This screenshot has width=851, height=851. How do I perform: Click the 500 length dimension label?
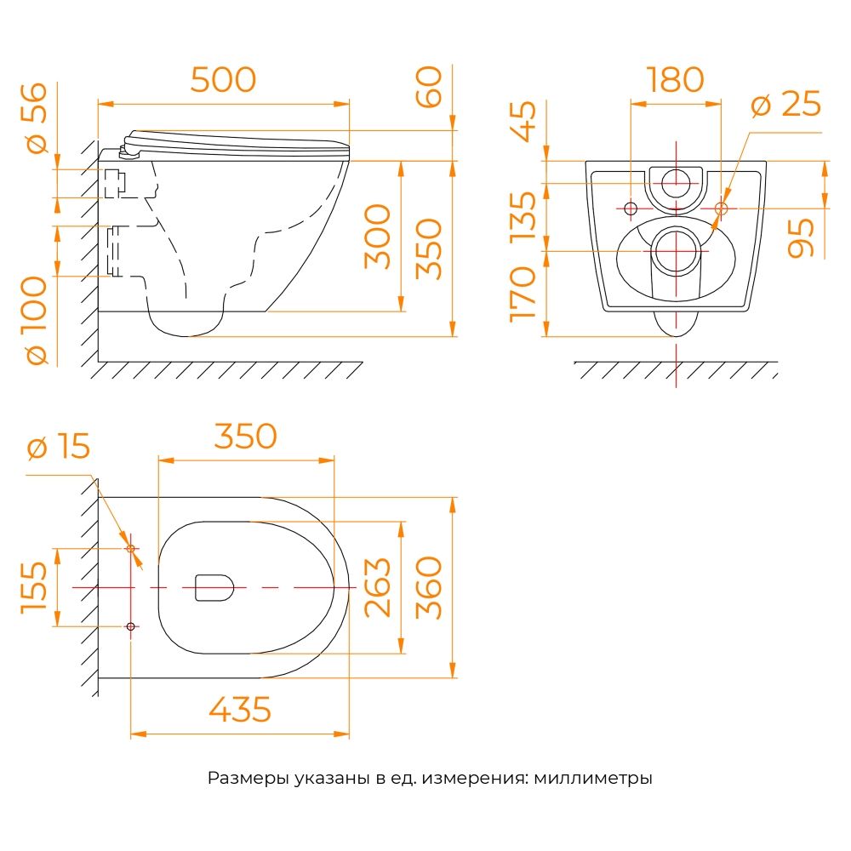click(223, 80)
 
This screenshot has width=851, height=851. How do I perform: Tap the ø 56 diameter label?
click(34, 118)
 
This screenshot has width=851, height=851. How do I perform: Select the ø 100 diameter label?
click(34, 320)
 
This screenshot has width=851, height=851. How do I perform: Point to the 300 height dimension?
click(377, 237)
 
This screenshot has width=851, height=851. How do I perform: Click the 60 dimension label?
click(429, 87)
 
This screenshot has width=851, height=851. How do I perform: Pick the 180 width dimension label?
click(676, 80)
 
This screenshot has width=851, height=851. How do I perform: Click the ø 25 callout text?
click(786, 104)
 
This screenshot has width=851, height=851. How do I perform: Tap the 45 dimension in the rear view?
click(523, 121)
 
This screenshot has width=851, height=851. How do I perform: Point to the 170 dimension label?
click(523, 294)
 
